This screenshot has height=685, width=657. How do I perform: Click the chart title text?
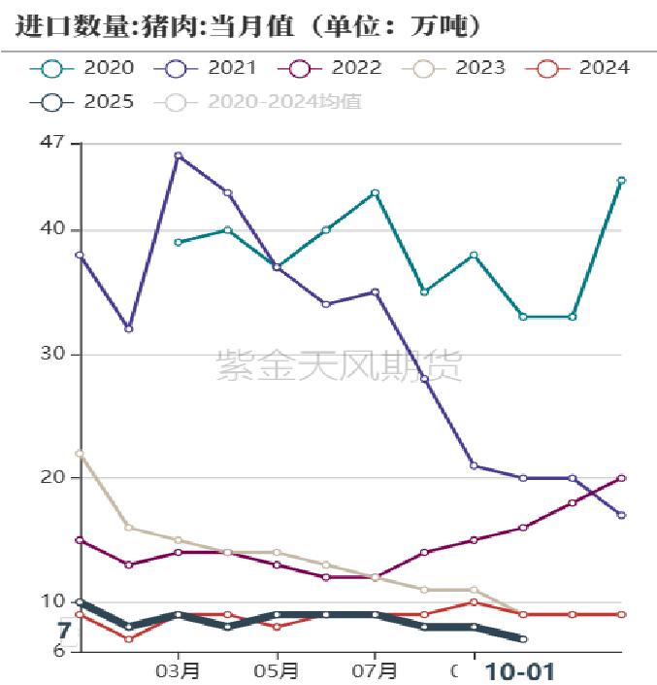(248, 26)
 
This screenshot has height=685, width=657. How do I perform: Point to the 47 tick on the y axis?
(52, 143)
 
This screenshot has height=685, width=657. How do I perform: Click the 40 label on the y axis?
(52, 230)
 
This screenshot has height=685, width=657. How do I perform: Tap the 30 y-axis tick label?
(52, 355)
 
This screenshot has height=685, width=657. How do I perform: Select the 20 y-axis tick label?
(52, 478)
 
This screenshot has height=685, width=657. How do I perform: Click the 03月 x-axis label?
(179, 671)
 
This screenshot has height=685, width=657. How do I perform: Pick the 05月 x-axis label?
(278, 671)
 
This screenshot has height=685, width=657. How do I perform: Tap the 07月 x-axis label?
(376, 671)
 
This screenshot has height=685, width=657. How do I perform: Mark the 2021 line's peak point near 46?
(178, 155)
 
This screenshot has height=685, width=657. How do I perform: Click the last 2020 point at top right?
(621, 181)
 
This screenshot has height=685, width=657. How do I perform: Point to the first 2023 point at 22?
(80, 454)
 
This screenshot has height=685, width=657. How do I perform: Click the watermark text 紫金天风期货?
(339, 366)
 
